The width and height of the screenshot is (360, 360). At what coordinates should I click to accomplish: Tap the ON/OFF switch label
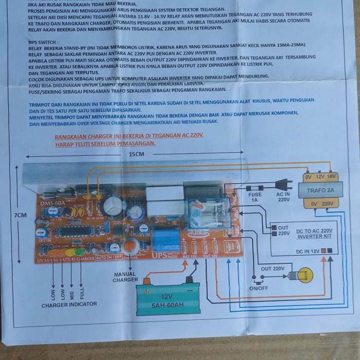point(259,289)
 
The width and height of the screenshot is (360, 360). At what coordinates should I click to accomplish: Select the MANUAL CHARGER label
point(124,277)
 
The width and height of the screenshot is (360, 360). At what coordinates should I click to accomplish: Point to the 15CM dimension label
point(136,154)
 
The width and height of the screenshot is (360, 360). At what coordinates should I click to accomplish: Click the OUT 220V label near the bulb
point(273,268)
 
